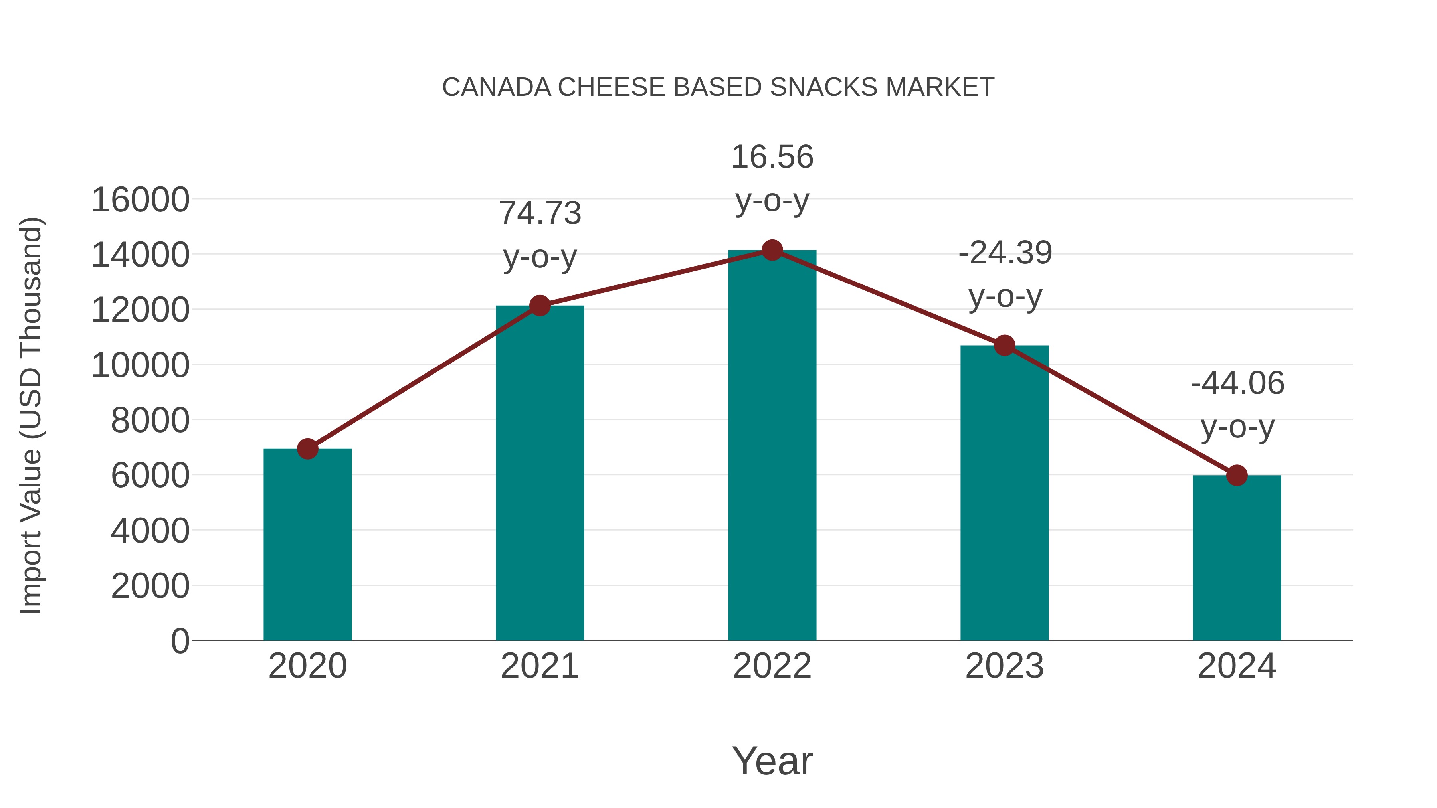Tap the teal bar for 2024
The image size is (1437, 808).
click(1237, 558)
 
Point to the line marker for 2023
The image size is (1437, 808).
click(1005, 346)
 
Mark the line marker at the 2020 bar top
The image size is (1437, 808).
click(307, 448)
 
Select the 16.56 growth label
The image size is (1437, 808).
click(772, 157)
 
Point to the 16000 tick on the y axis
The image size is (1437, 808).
click(141, 200)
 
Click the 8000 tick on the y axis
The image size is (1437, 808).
click(150, 421)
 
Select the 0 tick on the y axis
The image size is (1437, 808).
click(180, 641)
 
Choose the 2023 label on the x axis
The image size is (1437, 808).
click(1005, 666)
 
